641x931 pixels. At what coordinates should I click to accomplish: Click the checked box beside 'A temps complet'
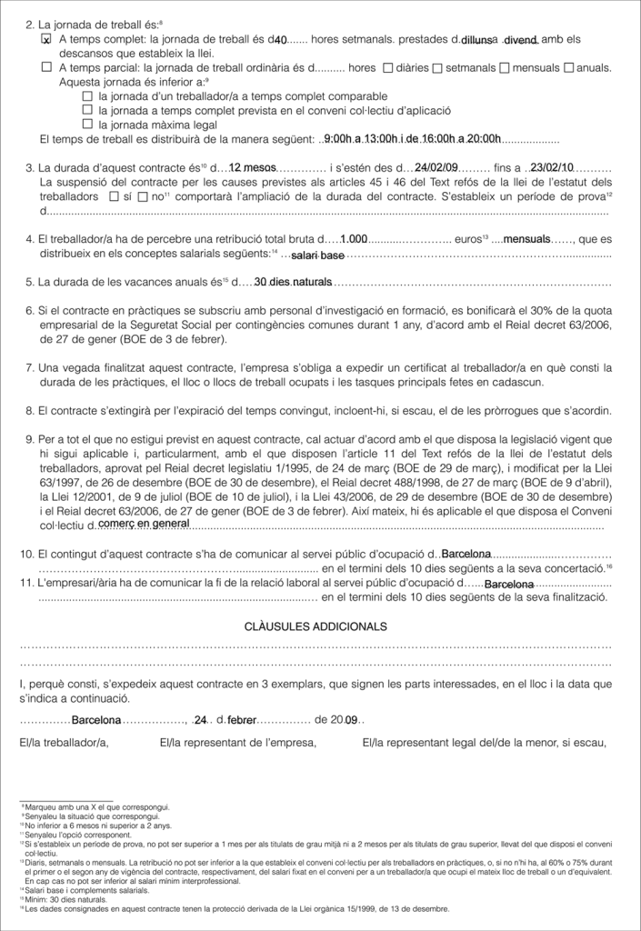click(x=46, y=41)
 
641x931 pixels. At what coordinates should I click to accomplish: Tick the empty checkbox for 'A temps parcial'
click(x=46, y=67)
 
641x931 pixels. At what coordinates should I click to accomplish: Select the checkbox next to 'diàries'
click(x=389, y=67)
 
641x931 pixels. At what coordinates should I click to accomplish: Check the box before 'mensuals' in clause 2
click(x=506, y=67)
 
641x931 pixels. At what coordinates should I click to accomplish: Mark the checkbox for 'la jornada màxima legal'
click(x=87, y=124)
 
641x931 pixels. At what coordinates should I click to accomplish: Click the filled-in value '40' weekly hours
click(x=280, y=40)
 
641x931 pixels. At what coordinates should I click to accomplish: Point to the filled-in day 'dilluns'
click(x=476, y=40)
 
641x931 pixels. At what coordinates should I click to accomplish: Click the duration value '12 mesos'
click(x=253, y=167)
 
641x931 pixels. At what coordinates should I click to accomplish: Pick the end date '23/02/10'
click(x=552, y=167)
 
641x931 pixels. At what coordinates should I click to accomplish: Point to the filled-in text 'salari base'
click(x=317, y=255)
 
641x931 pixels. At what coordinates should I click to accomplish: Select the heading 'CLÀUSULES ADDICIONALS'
click(x=315, y=626)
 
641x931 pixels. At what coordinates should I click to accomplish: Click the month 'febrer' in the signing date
click(x=242, y=720)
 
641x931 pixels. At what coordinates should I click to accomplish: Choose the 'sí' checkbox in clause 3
click(x=113, y=195)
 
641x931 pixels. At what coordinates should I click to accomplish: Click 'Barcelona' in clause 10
click(x=466, y=554)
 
